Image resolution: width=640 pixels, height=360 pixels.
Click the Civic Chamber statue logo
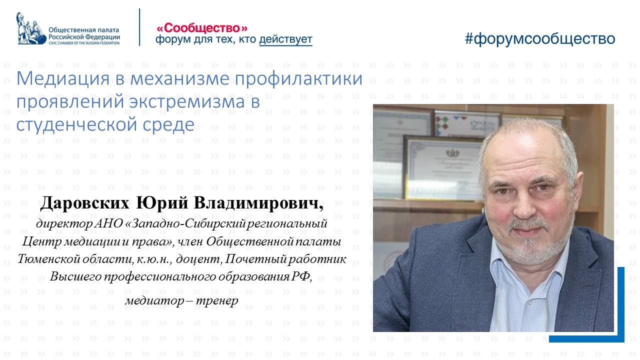(31, 28)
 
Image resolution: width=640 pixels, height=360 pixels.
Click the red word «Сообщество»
(202, 28)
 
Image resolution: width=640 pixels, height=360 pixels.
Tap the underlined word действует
(285, 39)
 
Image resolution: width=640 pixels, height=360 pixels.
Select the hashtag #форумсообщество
(539, 38)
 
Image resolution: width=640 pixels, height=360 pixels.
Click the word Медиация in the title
(63, 78)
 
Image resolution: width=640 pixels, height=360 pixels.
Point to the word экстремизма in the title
(187, 101)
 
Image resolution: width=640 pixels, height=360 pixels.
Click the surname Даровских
(85, 203)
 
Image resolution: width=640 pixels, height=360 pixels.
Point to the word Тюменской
(47, 259)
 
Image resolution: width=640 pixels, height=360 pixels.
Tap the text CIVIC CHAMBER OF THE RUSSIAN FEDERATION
(84, 43)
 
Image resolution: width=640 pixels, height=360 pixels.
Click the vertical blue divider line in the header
(139, 27)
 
